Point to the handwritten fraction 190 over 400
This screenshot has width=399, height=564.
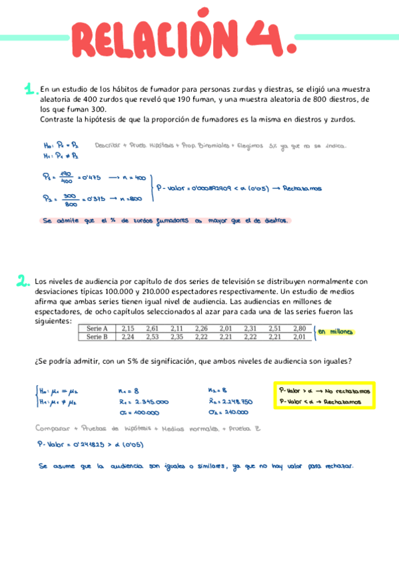click(65, 177)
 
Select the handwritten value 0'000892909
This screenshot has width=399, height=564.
click(204, 188)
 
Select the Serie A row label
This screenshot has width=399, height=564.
click(97, 328)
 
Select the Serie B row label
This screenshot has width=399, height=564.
click(97, 337)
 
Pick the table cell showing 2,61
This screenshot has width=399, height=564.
click(152, 328)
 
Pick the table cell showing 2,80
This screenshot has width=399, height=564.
click(300, 328)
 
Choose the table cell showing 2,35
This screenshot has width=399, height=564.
click(177, 337)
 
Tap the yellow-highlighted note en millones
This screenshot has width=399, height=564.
click(335, 332)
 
